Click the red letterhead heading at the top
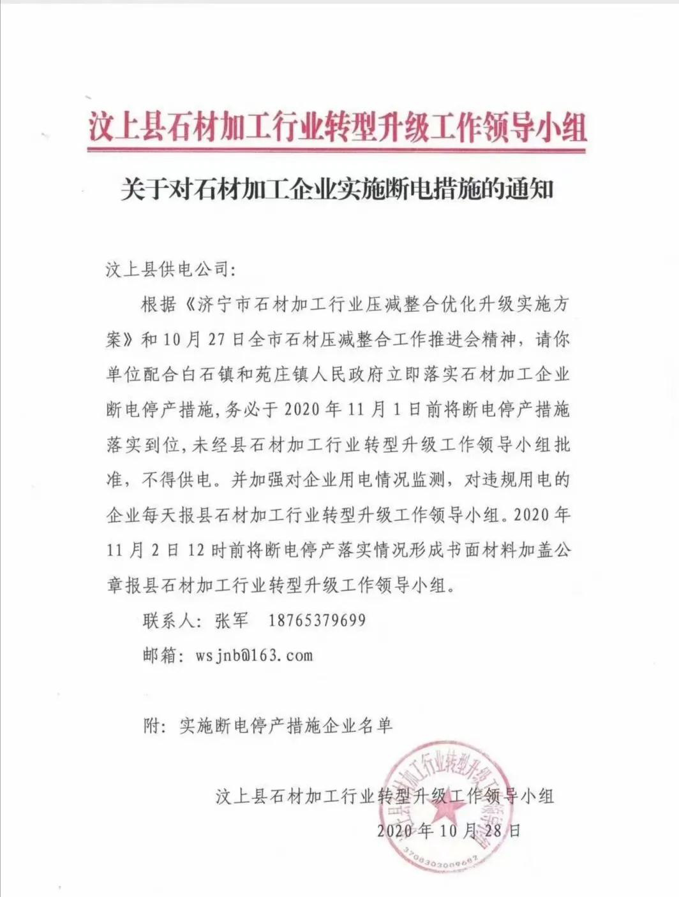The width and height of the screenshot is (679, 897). pyautogui.click(x=337, y=126)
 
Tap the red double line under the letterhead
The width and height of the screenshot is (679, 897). pyautogui.click(x=336, y=151)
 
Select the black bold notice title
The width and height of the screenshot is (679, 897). pyautogui.click(x=336, y=189)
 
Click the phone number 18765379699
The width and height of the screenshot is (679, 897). pyautogui.click(x=317, y=620)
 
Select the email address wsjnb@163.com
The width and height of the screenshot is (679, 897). pyautogui.click(x=255, y=655)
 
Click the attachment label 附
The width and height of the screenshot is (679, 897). pyautogui.click(x=151, y=726)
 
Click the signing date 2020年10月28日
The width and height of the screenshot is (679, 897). pyautogui.click(x=449, y=831)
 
